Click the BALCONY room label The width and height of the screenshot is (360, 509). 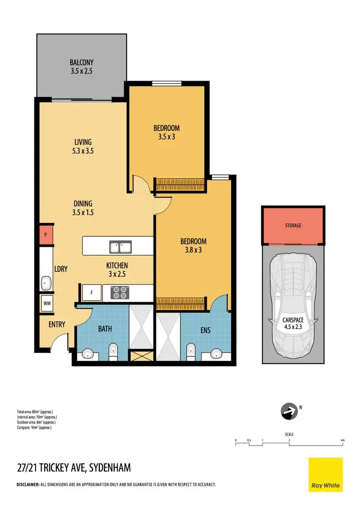[x=81, y=62]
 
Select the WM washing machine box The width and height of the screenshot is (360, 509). [x=47, y=303]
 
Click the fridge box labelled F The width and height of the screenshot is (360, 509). [x=91, y=292]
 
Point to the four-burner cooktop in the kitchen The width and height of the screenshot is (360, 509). [x=119, y=292]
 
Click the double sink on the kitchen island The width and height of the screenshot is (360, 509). [x=120, y=247]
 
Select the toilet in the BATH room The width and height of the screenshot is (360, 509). [x=113, y=351]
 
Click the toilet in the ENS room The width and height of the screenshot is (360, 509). [x=191, y=351]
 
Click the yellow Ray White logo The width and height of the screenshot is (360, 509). [x=325, y=474]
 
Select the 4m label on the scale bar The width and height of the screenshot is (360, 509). [x=342, y=440]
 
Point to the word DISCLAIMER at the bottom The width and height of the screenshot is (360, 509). [x=28, y=485]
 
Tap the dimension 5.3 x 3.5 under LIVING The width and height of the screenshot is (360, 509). [x=83, y=150]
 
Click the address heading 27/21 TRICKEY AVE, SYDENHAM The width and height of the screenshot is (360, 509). [x=73, y=467]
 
